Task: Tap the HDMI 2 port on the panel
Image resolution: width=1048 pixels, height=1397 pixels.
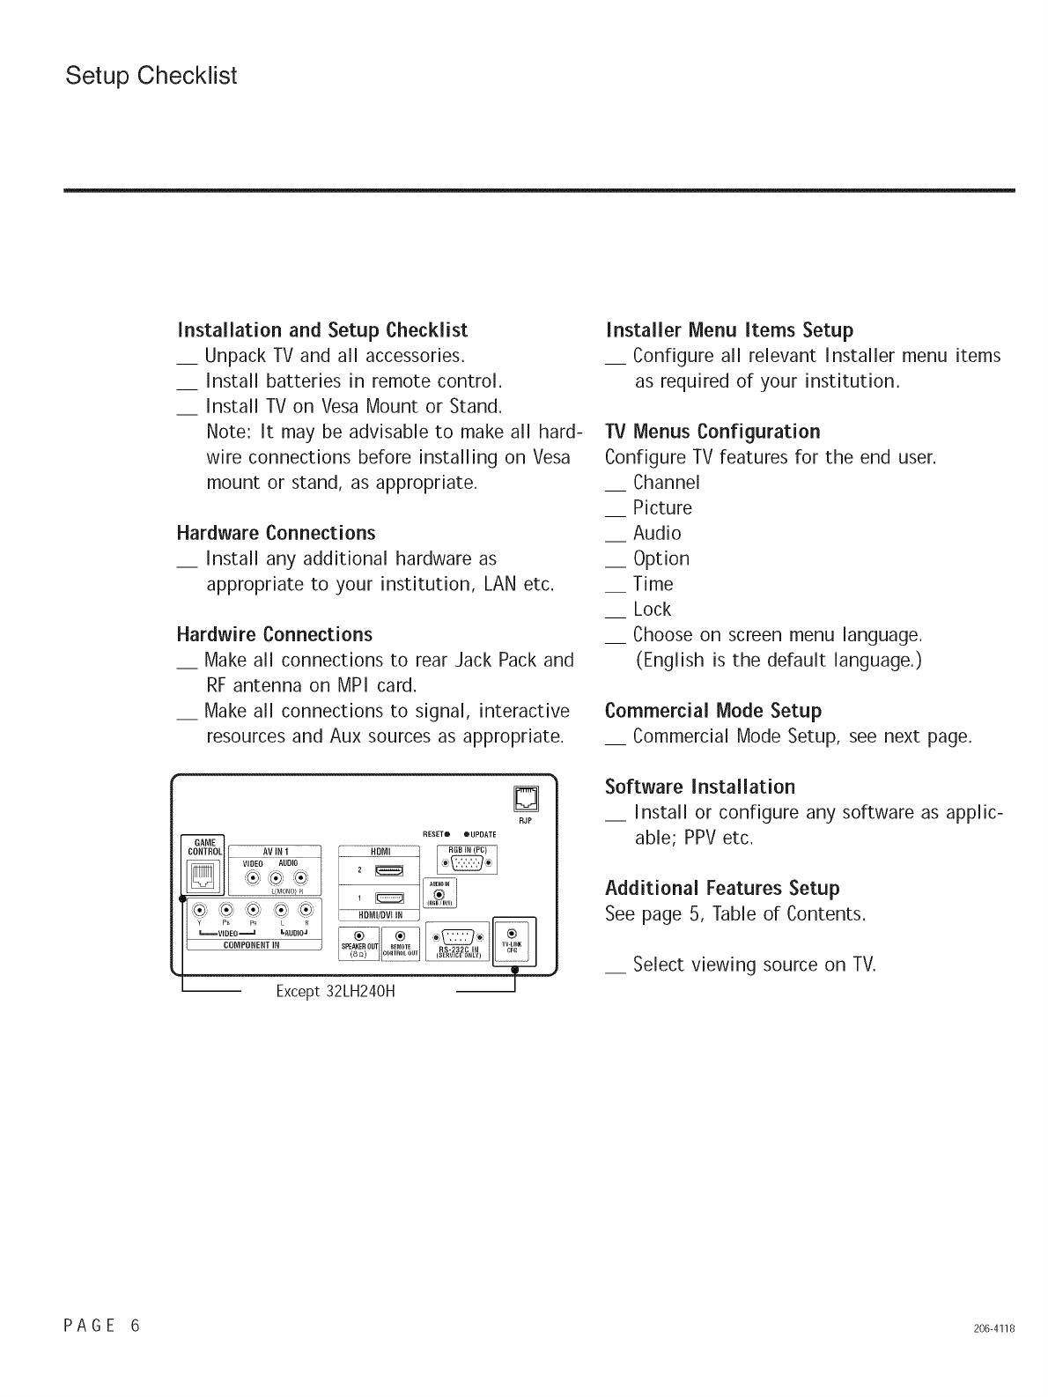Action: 388,872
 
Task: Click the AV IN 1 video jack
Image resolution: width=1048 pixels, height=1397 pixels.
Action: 253,877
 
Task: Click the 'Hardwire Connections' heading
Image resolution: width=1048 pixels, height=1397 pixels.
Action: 274,634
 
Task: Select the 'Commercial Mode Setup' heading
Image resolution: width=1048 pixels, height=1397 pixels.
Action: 713,710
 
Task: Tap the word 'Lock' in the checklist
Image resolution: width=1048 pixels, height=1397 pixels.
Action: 652,609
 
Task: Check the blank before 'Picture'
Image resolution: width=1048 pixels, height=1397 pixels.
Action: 616,509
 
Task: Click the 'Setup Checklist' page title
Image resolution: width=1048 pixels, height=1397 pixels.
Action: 151,76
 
